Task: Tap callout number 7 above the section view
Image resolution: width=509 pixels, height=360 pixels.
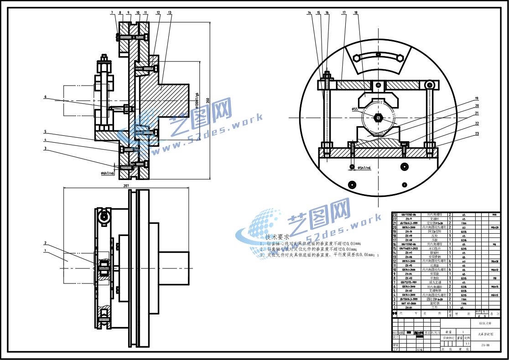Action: pos(112,13)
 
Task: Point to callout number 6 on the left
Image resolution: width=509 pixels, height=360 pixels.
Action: pos(46,97)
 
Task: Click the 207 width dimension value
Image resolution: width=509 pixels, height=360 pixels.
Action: pos(126,185)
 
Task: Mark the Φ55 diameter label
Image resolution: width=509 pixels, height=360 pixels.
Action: pos(355,109)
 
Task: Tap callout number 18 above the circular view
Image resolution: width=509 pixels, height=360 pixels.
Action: pos(356,13)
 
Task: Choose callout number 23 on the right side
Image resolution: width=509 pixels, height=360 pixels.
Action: pos(477,134)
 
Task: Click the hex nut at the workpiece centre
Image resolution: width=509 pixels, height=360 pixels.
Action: pos(378,118)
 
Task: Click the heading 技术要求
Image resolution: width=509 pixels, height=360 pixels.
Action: pos(277,237)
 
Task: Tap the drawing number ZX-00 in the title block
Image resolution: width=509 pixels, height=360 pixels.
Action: pos(485,345)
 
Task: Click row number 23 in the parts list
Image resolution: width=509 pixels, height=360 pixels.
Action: pos(395,214)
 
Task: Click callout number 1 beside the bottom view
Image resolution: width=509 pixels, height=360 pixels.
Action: pos(45,250)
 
